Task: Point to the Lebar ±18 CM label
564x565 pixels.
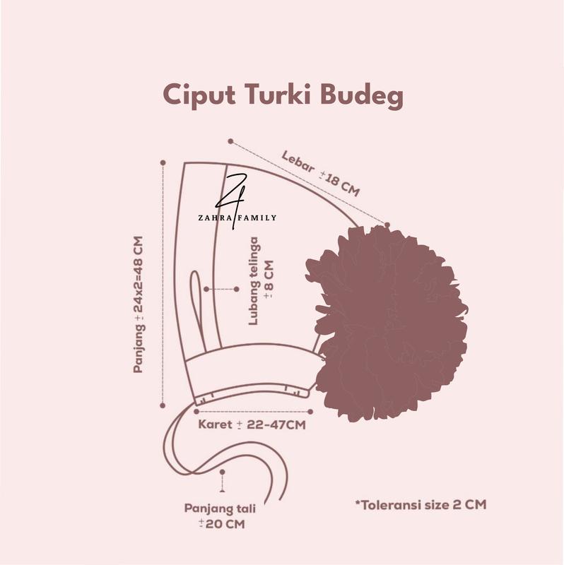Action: click(x=320, y=174)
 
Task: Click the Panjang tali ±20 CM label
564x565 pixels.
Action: click(x=221, y=516)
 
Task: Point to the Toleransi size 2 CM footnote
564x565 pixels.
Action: click(x=421, y=504)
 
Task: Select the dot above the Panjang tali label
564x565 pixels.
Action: click(x=223, y=471)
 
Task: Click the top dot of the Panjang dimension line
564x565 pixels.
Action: click(x=163, y=162)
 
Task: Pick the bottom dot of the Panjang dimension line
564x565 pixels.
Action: click(x=163, y=405)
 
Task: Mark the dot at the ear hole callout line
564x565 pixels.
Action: click(x=206, y=289)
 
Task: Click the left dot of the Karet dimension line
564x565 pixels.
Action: click(x=196, y=410)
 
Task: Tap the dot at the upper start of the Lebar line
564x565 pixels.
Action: click(x=230, y=141)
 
